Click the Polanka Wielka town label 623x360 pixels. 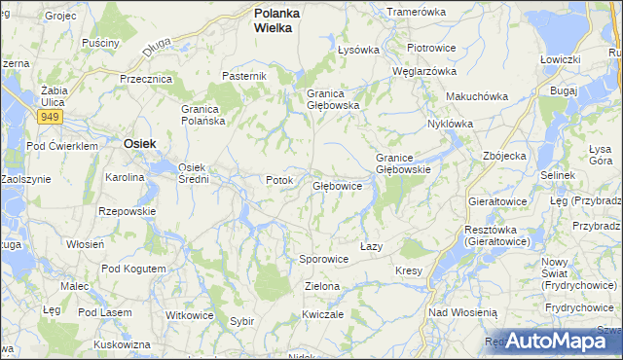[276, 21]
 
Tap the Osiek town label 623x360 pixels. [141, 142]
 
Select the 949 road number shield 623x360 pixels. [49, 117]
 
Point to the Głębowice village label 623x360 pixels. [338, 185]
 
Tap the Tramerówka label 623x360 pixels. [416, 12]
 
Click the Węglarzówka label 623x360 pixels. [423, 71]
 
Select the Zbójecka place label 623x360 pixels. [504, 155]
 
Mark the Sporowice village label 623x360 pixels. [323, 260]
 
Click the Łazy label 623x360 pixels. [370, 246]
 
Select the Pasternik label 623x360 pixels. [244, 76]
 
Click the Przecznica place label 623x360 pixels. [145, 79]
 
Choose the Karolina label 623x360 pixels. [126, 178]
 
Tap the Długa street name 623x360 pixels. [155, 44]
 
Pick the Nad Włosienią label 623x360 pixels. [462, 312]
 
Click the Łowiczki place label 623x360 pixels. [560, 59]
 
